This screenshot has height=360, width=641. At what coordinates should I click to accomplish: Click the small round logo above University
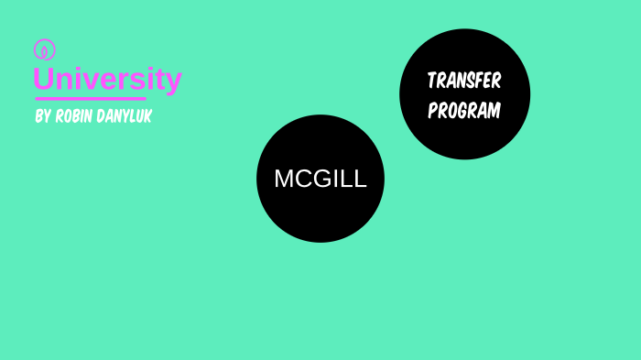tap(44, 49)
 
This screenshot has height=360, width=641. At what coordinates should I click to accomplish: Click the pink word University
tap(107, 80)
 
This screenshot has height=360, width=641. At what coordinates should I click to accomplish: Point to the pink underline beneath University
tap(90, 98)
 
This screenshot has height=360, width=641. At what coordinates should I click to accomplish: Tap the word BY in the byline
tap(42, 117)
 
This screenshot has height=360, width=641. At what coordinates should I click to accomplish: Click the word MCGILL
tap(320, 180)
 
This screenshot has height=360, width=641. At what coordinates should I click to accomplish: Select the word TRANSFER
tap(464, 81)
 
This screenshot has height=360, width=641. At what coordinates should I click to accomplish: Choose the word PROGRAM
tap(464, 111)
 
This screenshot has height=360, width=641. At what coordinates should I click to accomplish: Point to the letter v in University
tap(95, 81)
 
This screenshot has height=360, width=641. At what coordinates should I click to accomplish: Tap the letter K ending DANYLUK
tap(147, 117)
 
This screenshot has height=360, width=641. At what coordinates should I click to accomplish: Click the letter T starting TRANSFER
tap(431, 81)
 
